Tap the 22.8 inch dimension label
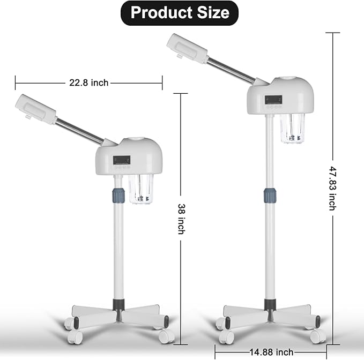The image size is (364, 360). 88,82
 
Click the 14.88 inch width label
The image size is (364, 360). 271,352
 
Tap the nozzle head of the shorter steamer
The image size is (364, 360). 37,109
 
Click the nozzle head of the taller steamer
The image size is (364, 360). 188,49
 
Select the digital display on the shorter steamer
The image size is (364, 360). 122,159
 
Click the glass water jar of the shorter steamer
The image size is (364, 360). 140,189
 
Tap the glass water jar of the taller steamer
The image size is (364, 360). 292,129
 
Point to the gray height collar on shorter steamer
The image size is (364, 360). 118,194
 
